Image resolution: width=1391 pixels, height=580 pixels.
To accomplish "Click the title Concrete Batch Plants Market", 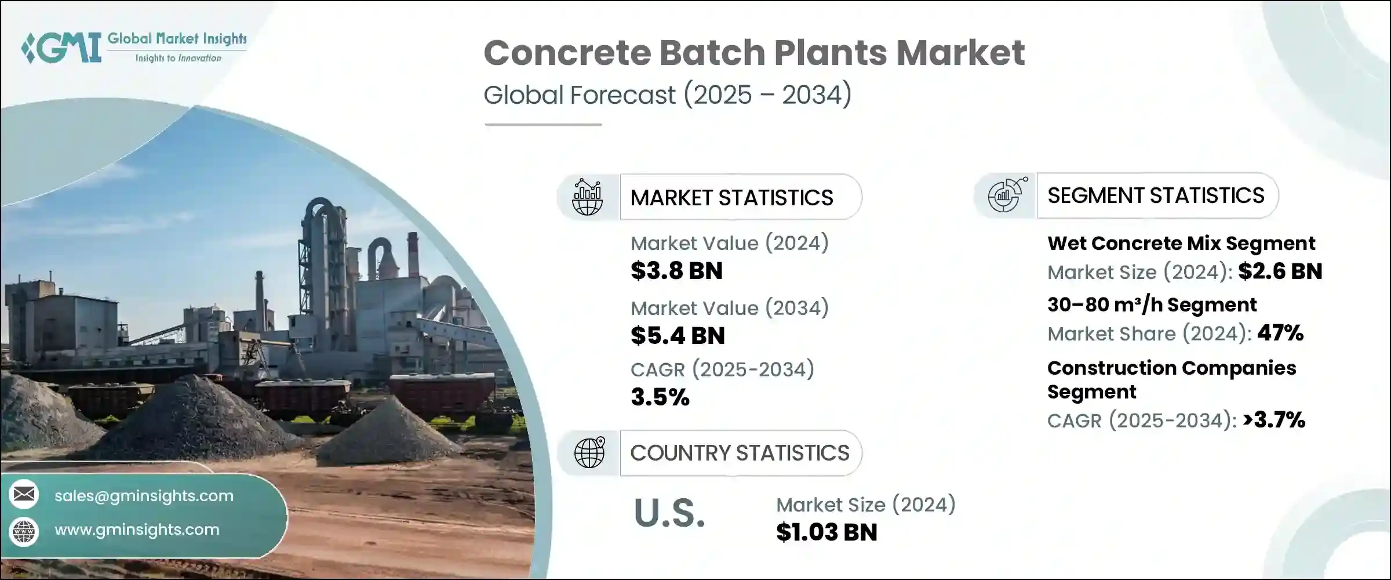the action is tap(754, 53).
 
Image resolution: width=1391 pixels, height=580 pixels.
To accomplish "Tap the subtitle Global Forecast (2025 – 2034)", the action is tap(668, 95).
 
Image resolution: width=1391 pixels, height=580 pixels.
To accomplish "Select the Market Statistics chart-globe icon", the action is tap(587, 197).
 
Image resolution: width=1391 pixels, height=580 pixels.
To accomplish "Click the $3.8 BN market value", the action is tap(676, 271).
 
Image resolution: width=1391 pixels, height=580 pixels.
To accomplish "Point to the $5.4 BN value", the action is tap(678, 336).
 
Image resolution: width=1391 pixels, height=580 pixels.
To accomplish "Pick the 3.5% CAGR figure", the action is tap(660, 397).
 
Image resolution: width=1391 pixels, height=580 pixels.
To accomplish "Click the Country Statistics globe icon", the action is tap(589, 452).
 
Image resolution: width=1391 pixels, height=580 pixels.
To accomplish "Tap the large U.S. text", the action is tap(669, 513).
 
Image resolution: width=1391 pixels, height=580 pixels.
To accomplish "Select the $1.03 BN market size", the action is tap(826, 532).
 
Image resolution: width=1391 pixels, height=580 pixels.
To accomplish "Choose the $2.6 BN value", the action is tap(1280, 271).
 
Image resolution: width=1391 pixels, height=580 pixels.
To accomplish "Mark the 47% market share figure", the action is tap(1281, 333).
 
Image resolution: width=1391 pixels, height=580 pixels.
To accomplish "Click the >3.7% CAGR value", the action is tap(1274, 419).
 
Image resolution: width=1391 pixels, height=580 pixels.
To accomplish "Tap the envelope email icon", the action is tap(24, 494).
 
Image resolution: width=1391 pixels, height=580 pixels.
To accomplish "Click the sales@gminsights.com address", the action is tap(144, 496).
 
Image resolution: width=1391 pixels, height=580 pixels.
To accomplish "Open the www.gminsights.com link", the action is tap(137, 530).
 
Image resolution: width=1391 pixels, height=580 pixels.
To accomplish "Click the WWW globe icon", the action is tap(24, 531).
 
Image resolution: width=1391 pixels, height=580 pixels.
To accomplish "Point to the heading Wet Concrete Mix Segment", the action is tap(1181, 243).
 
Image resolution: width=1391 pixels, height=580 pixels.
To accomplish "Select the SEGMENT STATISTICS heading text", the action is tap(1156, 195).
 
